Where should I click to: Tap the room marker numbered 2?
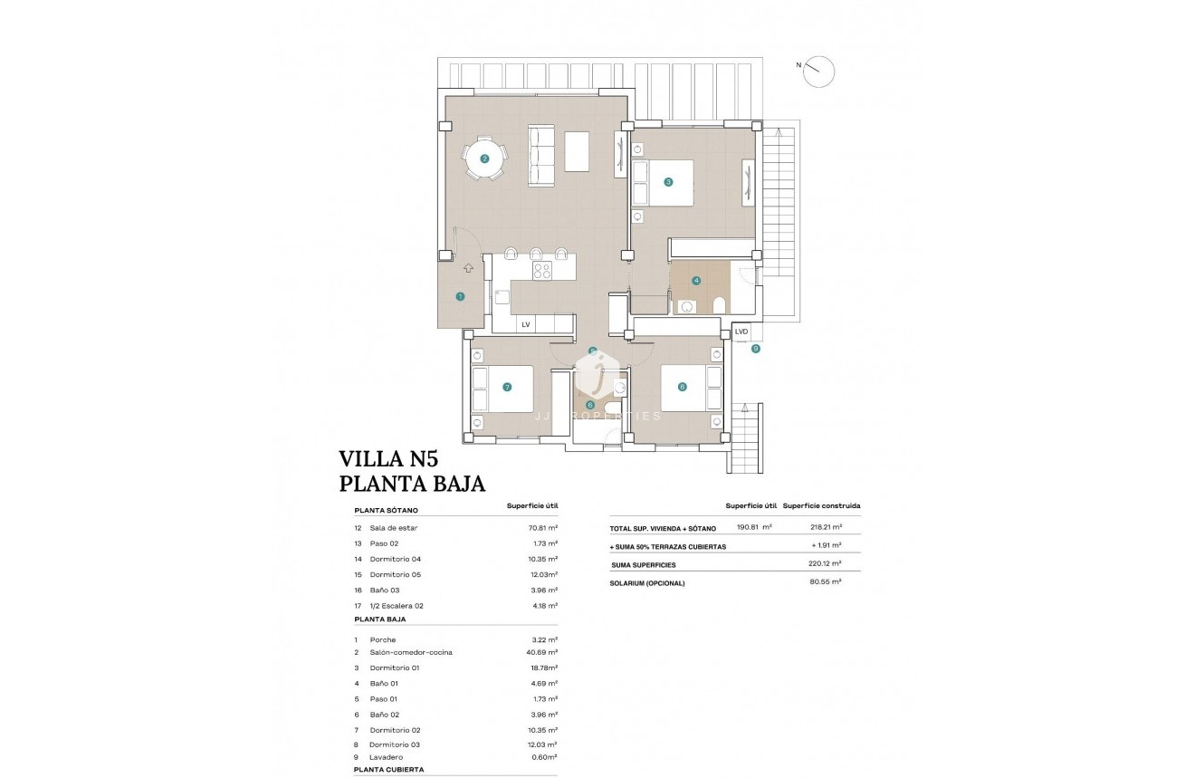coord(484,158)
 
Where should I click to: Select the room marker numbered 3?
coord(668,182)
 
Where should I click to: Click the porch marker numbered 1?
coord(460,296)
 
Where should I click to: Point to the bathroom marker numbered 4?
coord(696,281)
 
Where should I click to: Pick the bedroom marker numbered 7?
coord(507,387)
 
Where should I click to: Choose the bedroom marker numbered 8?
coord(682,387)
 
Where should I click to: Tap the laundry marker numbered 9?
coord(755,348)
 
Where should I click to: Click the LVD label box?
coord(741,331)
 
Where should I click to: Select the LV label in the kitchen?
coord(525,323)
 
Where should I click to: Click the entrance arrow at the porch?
coord(468,267)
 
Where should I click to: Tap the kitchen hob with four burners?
coord(542,272)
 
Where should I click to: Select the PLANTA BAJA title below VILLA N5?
coord(412,484)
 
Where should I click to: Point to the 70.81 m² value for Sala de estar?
coord(544,527)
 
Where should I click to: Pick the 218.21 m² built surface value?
coord(827,527)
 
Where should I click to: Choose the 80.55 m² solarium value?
coord(825,581)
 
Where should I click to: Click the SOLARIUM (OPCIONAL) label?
coord(647,583)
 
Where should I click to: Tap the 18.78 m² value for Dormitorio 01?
coord(544,668)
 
